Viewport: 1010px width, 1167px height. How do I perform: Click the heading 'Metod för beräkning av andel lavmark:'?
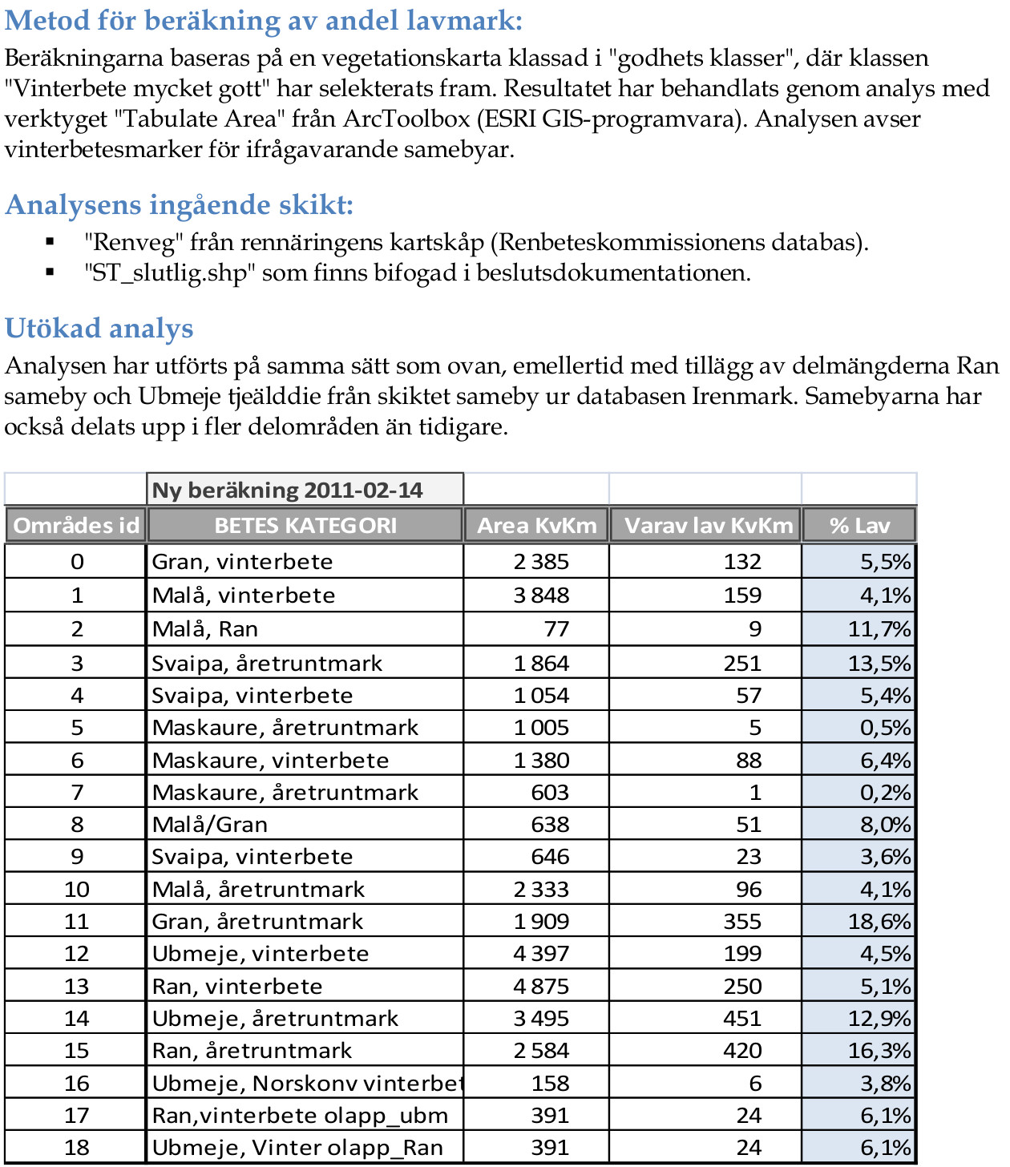[x=264, y=21]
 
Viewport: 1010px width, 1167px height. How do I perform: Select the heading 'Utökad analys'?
[x=99, y=329]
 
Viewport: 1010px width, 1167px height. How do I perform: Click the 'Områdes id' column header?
[x=76, y=526]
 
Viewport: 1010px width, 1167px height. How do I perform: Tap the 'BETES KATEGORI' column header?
[x=305, y=526]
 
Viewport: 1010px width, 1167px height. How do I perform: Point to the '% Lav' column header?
[x=859, y=526]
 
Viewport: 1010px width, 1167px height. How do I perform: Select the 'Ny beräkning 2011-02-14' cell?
[x=288, y=491]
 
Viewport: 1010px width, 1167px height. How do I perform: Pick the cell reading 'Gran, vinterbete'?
[x=242, y=561]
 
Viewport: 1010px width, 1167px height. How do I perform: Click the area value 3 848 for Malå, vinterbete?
[x=541, y=596]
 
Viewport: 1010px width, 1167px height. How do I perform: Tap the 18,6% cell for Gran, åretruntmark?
[x=879, y=922]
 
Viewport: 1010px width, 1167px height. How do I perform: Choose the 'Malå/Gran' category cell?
[x=210, y=825]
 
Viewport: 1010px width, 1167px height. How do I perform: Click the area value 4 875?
[x=541, y=987]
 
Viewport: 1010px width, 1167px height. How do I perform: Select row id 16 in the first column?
[x=77, y=1084]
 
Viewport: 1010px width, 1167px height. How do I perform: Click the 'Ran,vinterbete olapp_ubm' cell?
[x=300, y=1116]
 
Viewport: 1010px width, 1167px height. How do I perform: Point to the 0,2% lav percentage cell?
[x=885, y=793]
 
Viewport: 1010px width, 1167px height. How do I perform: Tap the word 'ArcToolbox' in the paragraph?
[x=406, y=119]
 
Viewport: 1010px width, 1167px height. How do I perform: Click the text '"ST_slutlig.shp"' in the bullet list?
[x=170, y=273]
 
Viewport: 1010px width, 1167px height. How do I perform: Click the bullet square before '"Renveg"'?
[x=50, y=241]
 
